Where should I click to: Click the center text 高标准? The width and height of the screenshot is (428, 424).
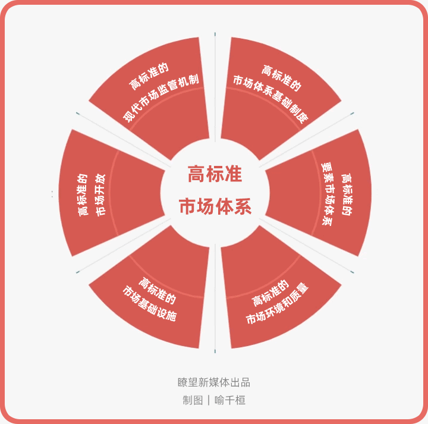click(215, 174)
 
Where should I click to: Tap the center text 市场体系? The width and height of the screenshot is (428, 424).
click(215, 206)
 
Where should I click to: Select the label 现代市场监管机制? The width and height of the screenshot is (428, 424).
click(161, 98)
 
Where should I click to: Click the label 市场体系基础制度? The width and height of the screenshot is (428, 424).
click(271, 99)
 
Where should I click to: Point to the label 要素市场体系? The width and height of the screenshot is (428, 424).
click(327, 194)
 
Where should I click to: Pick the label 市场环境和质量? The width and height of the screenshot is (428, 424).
click(278, 304)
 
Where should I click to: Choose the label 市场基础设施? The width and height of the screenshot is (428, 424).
click(150, 304)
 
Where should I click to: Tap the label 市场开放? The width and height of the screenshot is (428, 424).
click(100, 195)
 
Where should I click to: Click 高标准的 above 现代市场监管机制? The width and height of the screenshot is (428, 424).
click(149, 76)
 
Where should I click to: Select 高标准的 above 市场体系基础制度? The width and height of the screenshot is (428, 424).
click(281, 78)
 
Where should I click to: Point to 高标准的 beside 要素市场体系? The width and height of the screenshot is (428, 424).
click(347, 194)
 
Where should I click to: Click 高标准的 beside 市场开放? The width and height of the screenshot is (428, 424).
click(83, 195)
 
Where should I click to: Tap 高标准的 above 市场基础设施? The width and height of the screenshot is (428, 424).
click(157, 290)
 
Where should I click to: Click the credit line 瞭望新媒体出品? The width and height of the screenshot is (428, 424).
click(214, 382)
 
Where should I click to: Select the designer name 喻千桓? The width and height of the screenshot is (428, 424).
click(230, 400)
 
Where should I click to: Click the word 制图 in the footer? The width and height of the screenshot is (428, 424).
click(193, 400)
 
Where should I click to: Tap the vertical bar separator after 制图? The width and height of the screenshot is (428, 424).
click(209, 400)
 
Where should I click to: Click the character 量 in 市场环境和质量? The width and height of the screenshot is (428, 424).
click(304, 288)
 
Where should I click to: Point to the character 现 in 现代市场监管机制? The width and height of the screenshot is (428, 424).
click(128, 117)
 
